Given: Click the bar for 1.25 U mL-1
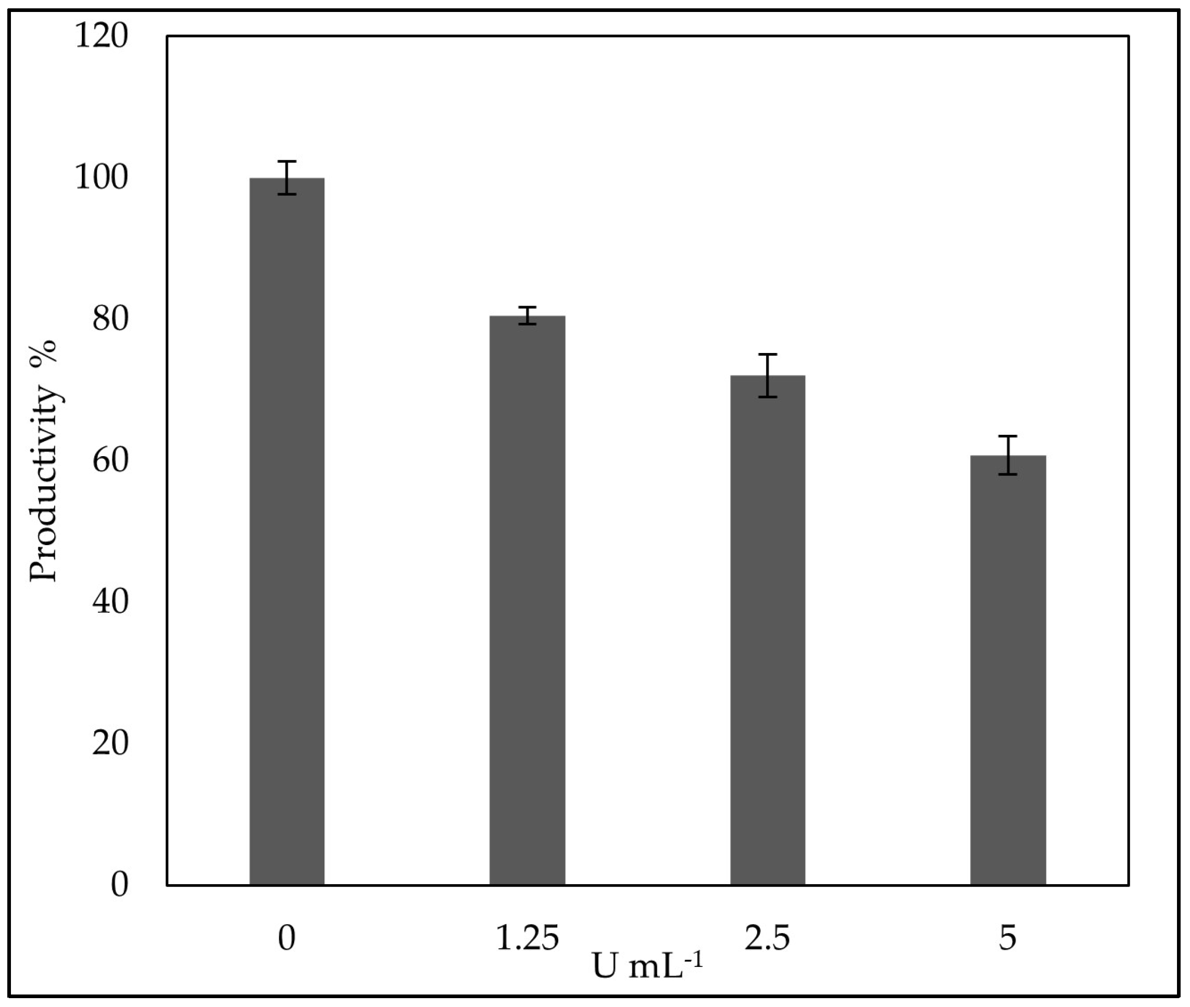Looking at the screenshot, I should (527, 599).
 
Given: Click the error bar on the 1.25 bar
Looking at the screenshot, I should (527, 316).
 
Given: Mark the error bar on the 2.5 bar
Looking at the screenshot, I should (768, 375).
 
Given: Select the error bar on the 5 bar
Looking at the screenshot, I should (1008, 455).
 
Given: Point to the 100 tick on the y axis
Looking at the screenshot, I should (101, 178).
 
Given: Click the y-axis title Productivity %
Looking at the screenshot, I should (45, 460).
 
